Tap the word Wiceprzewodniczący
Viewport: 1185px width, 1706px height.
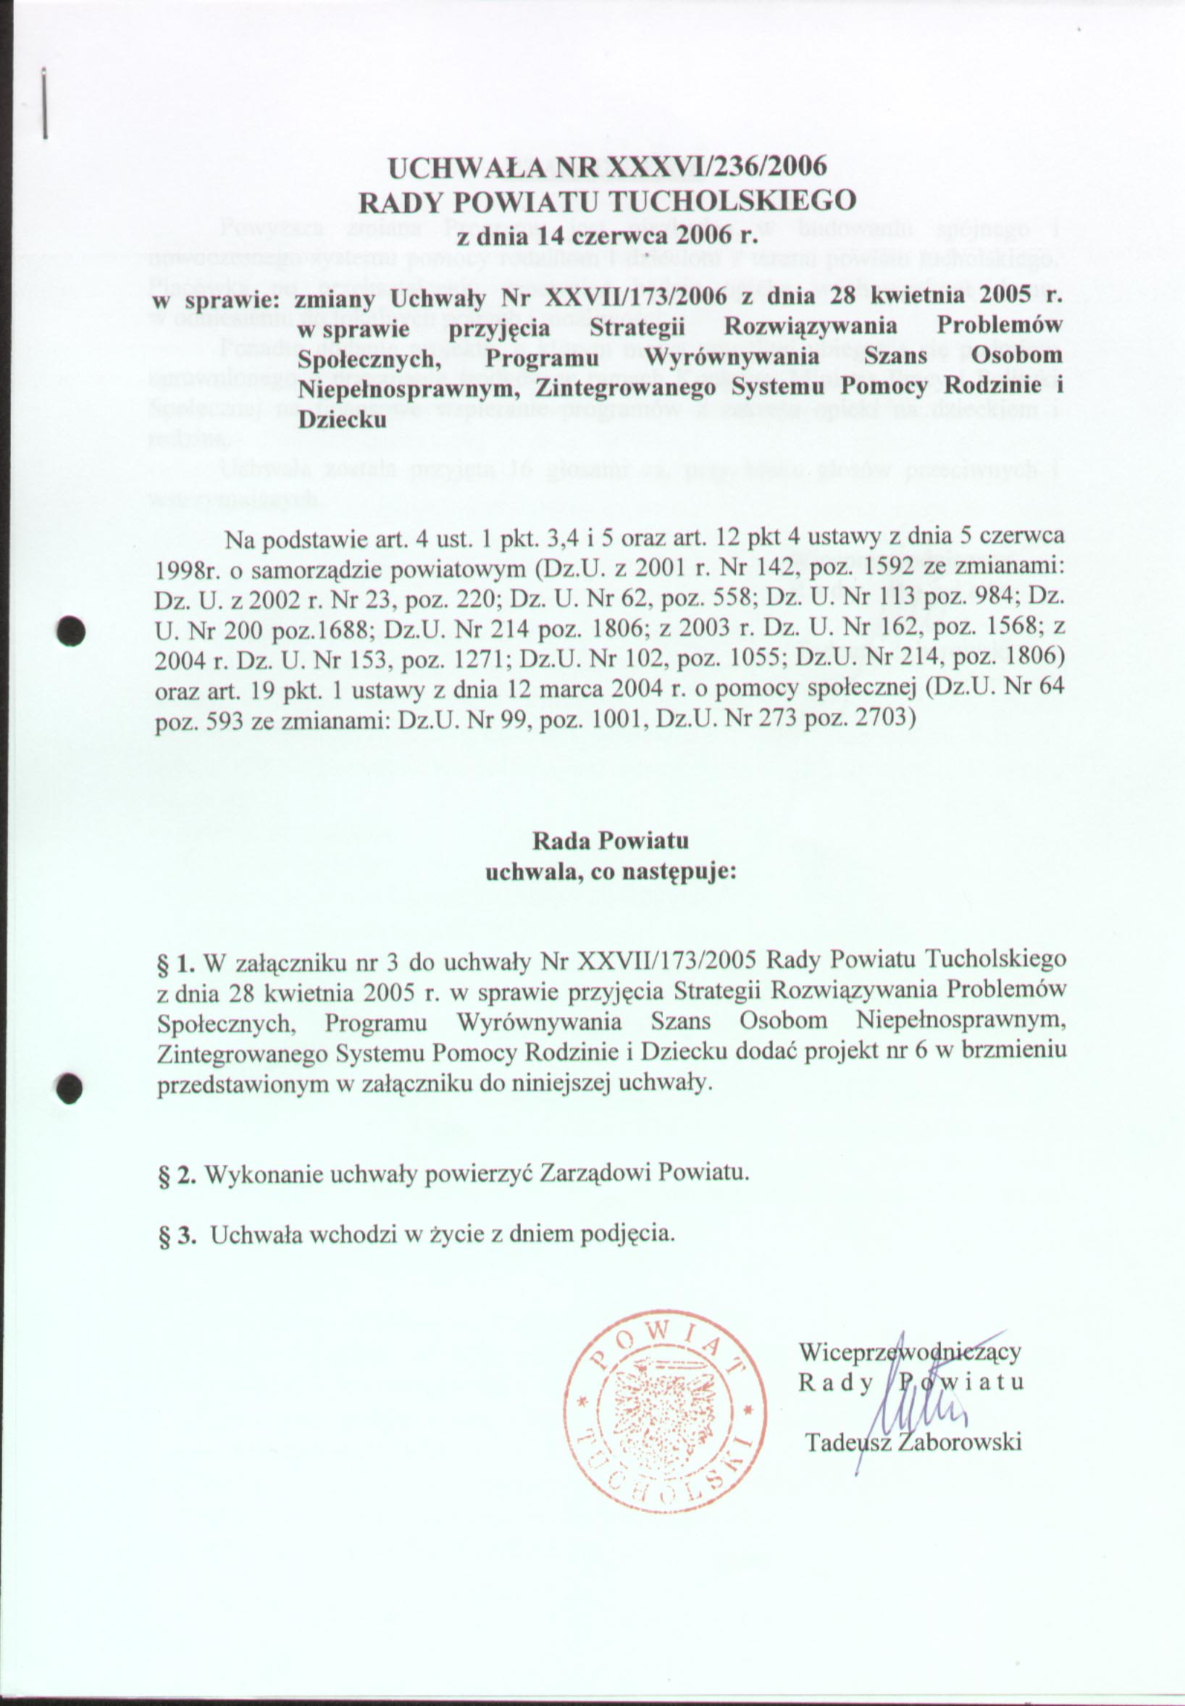tap(910, 1352)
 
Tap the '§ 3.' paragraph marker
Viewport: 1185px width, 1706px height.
tap(177, 1234)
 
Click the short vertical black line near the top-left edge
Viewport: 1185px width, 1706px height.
tap(46, 103)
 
